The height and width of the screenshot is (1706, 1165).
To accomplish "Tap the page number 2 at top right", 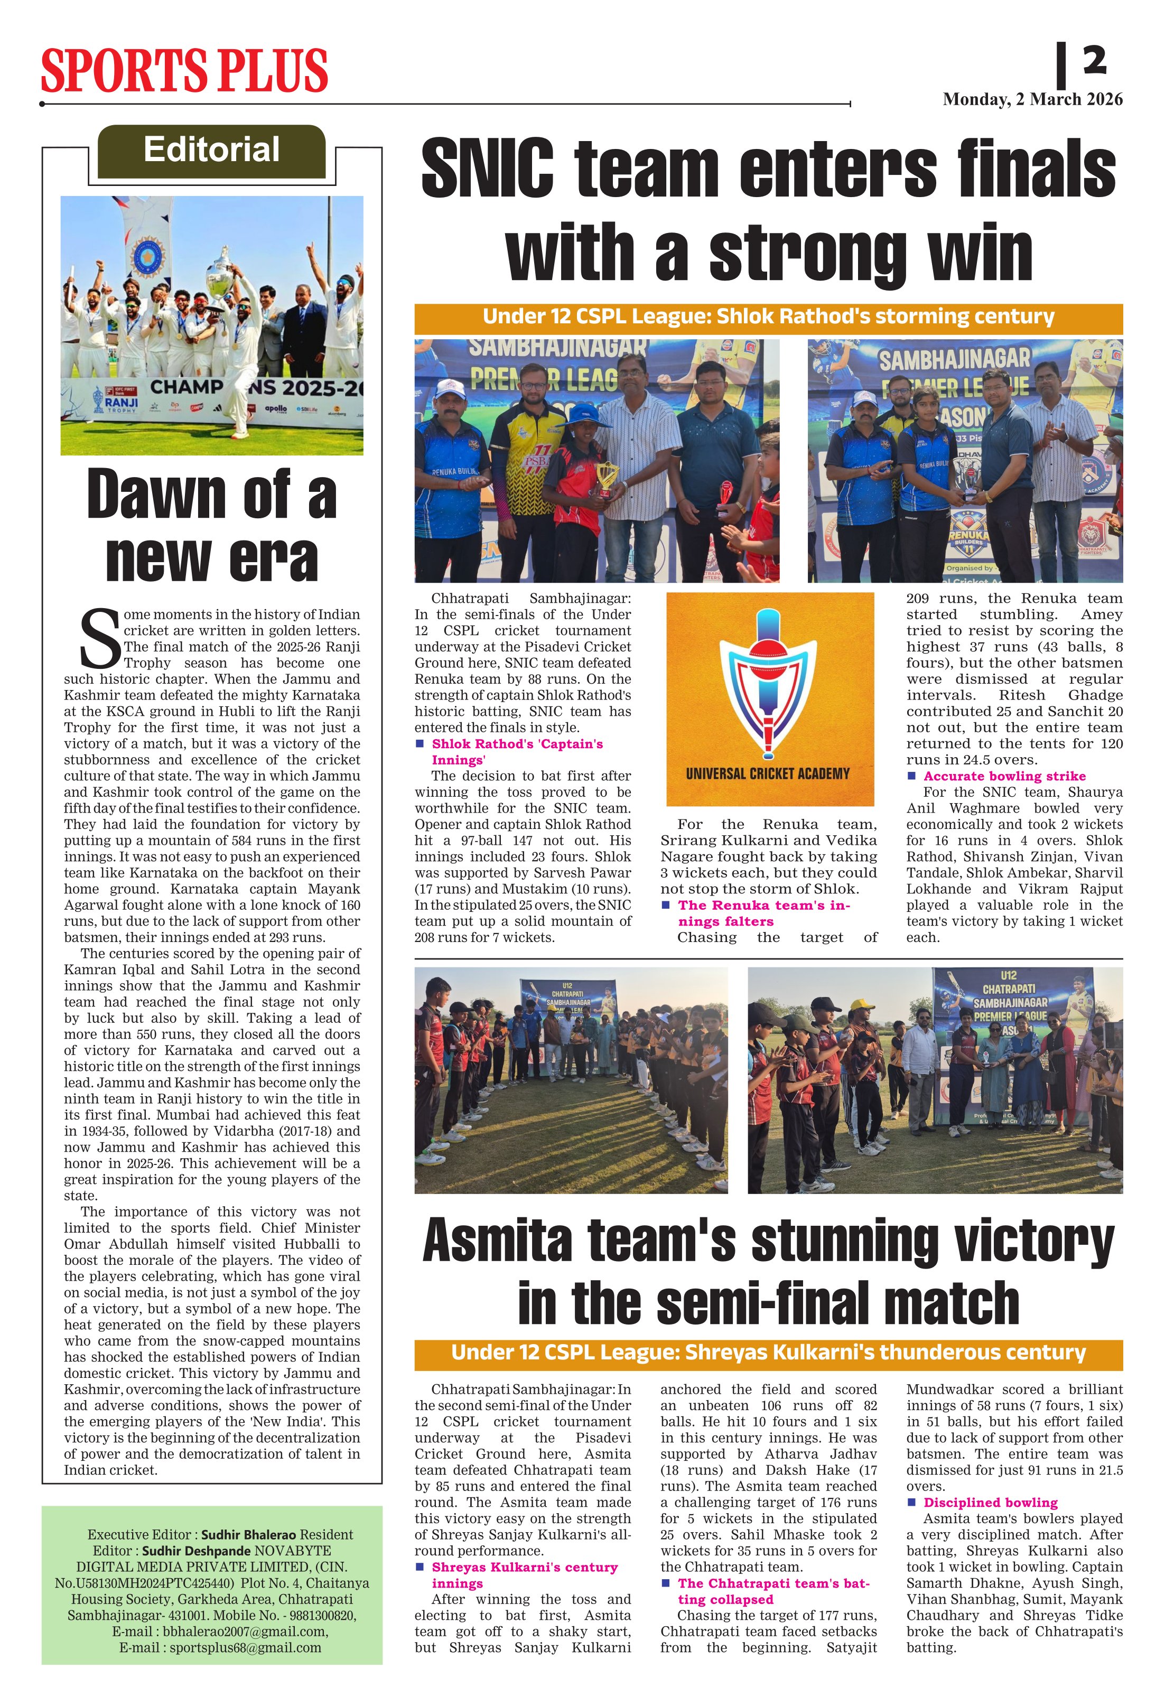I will coord(1094,60).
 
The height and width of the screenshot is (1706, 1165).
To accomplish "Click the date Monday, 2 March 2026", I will coord(1032,99).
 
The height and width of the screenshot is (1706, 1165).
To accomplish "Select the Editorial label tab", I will coord(211,150).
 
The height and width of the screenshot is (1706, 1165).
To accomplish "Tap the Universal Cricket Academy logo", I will coord(769,698).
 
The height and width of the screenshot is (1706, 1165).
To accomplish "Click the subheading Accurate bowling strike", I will coord(1004,776).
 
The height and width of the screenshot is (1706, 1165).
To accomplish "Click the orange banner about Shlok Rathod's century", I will coord(768,317).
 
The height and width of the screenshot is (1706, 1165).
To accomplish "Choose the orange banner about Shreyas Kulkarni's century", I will coord(768,1352).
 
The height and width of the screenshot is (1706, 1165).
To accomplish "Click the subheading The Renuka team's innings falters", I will coord(763,913).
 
